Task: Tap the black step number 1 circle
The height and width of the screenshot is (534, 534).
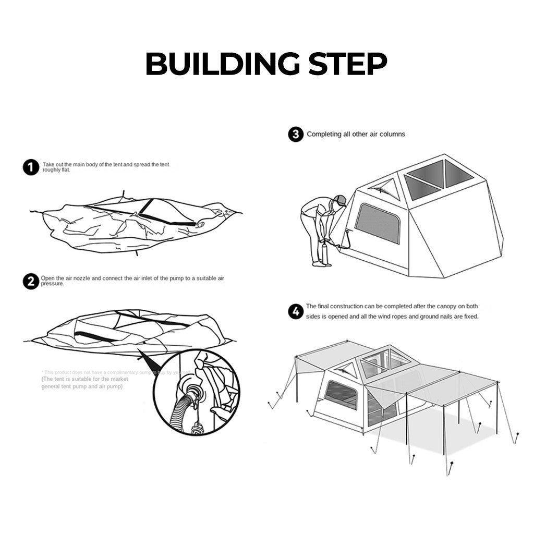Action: pyautogui.click(x=31, y=167)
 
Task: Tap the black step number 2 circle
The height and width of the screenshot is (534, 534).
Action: pyautogui.click(x=31, y=282)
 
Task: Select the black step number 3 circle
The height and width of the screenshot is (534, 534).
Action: pyautogui.click(x=295, y=135)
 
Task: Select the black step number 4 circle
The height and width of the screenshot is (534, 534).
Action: pyautogui.click(x=295, y=312)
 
